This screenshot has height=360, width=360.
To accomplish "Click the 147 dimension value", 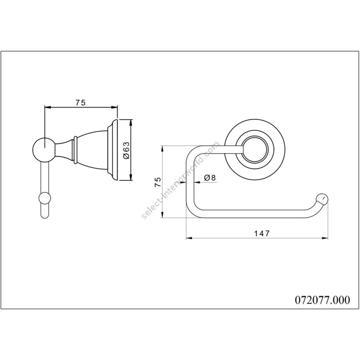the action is [261, 233].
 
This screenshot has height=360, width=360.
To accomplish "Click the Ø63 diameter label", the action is [126, 150].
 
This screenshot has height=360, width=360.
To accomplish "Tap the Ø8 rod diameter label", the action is [210, 178].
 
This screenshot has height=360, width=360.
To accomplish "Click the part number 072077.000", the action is [322, 300].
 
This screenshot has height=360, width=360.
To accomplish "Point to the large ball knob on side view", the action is [44, 150].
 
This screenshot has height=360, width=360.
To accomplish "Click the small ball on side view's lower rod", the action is [44, 198].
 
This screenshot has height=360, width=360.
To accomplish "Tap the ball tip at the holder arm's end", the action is [322, 199].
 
